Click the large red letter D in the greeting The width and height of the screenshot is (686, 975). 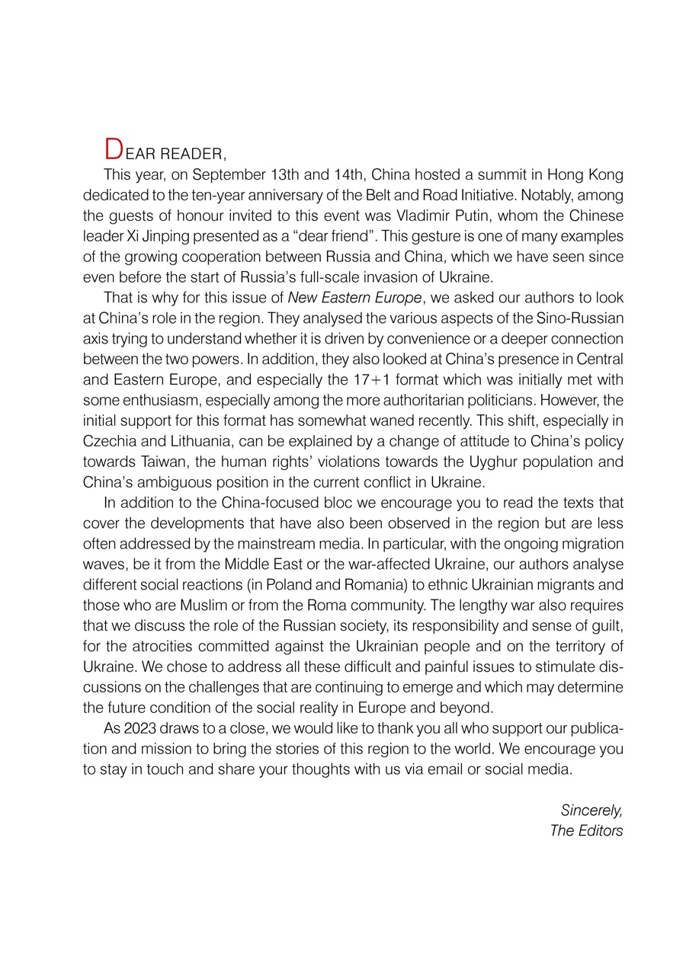coord(113,147)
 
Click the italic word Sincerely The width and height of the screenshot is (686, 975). coord(591,810)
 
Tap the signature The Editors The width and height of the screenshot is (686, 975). coord(586,830)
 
